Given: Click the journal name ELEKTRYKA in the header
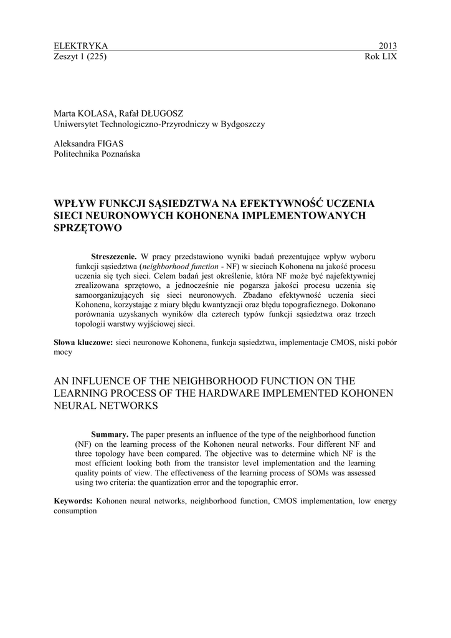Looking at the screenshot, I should (x=81, y=45).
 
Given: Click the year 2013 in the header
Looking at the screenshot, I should (x=387, y=45).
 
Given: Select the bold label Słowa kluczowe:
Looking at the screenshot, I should (x=83, y=342).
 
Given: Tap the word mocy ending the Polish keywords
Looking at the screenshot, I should (x=63, y=352).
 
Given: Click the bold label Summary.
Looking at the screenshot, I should (x=110, y=434).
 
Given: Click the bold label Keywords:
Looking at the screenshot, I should (x=73, y=500).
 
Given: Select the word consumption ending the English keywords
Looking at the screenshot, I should (x=75, y=510).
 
